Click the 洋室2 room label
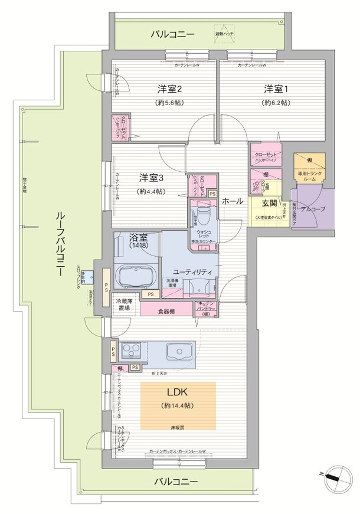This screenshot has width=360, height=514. click(x=169, y=89)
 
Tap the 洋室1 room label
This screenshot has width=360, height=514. click(x=276, y=89)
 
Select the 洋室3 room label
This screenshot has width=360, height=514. click(x=151, y=178)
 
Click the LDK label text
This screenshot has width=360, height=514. click(x=178, y=392)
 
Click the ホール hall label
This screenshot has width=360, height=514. click(x=232, y=202)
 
